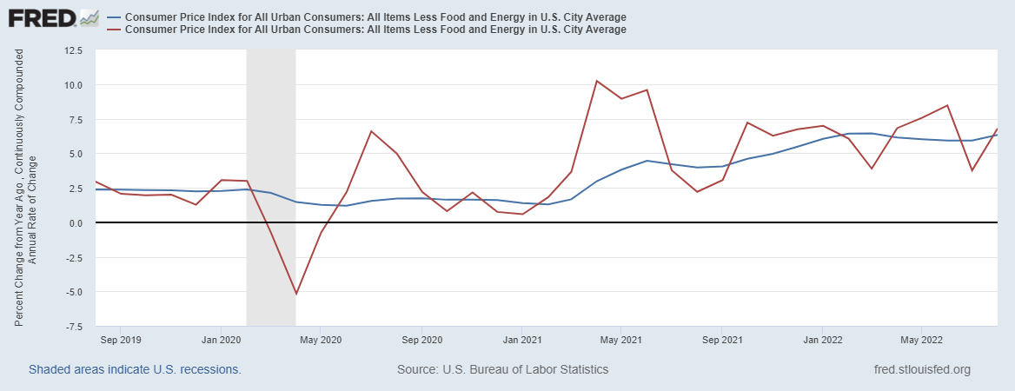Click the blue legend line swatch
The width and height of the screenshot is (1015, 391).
coord(113,17)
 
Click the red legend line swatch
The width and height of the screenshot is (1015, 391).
coord(113,29)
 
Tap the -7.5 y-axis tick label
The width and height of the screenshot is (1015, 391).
coord(72,327)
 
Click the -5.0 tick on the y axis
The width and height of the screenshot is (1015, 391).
coord(72,292)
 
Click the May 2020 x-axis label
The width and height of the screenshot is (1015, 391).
coord(321,340)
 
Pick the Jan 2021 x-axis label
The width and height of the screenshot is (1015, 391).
coord(523,340)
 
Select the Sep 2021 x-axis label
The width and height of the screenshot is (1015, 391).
coord(722,340)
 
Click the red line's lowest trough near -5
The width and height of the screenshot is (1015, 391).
coord(296,294)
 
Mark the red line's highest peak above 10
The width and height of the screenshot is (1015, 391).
coord(597,81)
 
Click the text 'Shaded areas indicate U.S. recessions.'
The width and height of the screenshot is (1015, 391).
coord(135,369)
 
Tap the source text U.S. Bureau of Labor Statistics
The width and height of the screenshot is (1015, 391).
coord(502,369)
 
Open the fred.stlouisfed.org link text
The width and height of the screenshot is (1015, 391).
coord(922,369)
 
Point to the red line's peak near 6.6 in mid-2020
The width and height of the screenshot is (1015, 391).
coord(371,131)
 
